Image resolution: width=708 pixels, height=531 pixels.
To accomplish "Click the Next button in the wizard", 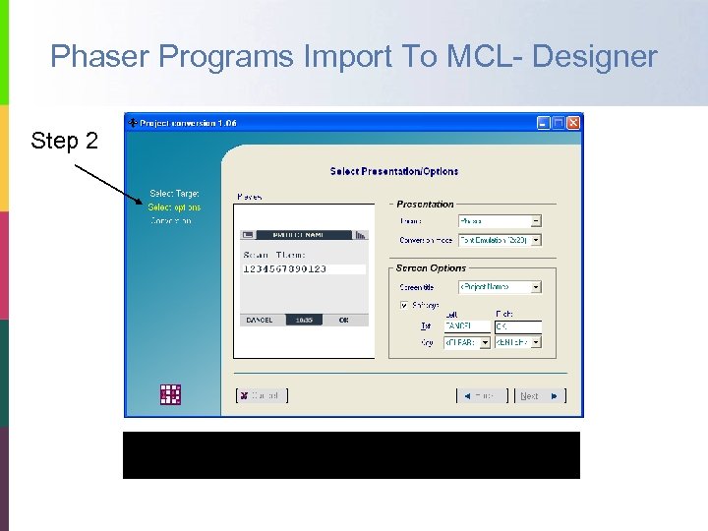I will point(539,395).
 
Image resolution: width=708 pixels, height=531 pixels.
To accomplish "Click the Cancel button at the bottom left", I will point(262,395).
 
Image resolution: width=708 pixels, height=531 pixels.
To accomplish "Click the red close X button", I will point(573,123).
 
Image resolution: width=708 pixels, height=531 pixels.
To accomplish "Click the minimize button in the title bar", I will point(543,123).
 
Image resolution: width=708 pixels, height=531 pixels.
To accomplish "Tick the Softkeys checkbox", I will point(404,305).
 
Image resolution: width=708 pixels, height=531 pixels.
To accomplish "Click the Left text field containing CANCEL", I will point(466,325).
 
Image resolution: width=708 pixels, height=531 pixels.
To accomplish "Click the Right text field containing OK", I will point(517,325).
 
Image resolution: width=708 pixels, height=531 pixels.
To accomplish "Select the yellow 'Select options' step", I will point(174,207).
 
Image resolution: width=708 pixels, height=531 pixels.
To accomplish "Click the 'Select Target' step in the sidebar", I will point(174,194).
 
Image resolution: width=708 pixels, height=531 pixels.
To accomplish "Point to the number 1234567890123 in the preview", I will point(284,268).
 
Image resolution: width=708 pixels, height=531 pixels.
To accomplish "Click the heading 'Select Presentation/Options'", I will point(394,171).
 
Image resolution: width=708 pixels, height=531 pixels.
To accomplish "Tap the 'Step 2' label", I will point(65,142).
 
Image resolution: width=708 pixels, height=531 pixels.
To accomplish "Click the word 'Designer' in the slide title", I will point(595,57).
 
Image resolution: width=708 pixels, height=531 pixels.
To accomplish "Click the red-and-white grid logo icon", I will point(171,394).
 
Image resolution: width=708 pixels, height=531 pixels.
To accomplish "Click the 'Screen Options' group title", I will point(431,268).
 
